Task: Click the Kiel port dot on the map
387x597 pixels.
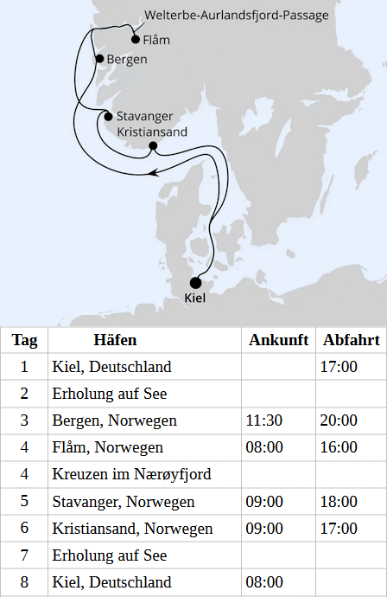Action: [195, 282]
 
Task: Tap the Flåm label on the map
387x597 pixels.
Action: [156, 40]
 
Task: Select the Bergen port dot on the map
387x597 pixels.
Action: [99, 59]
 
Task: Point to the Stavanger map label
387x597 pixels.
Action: [144, 117]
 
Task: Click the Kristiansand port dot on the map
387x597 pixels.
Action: [153, 146]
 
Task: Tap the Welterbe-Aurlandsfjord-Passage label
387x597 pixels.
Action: [238, 16]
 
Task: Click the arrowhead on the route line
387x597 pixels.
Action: [156, 173]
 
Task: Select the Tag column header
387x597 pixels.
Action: [24, 340]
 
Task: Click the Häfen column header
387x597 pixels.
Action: [115, 340]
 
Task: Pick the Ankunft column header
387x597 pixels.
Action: [278, 340]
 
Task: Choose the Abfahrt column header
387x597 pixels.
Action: [350, 340]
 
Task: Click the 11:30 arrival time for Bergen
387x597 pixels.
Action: [264, 420]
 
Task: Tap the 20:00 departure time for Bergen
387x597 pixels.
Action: [339, 420]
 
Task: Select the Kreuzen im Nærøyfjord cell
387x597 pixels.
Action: [131, 474]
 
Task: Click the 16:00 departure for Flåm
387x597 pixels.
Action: [339, 447]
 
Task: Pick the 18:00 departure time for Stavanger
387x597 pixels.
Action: [339, 501]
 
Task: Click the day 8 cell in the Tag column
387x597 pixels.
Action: [24, 581]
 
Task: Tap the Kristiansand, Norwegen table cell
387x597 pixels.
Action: [132, 528]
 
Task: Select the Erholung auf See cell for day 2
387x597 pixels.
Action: [110, 394]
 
